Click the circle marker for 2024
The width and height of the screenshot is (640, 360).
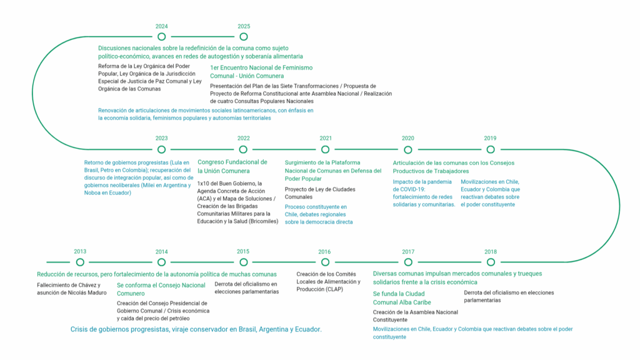162,37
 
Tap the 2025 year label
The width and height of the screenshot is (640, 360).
244,26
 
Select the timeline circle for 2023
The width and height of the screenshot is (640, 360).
162,149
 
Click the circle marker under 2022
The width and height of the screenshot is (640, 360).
244,149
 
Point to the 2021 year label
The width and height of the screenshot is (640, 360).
326,138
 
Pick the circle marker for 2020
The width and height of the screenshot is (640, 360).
408,149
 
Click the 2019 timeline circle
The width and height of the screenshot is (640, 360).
491,149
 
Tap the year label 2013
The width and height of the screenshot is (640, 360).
80,251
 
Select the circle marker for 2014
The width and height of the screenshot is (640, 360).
162,262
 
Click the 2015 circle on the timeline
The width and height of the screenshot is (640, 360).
244,262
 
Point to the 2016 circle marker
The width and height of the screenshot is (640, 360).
325,262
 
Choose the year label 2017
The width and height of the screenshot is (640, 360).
408,251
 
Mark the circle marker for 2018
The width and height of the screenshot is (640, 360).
491,262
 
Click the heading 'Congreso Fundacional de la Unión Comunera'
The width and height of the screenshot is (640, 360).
232,166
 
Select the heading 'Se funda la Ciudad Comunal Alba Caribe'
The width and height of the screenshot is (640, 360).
399,298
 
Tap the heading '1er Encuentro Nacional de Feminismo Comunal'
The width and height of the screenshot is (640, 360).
261,71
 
